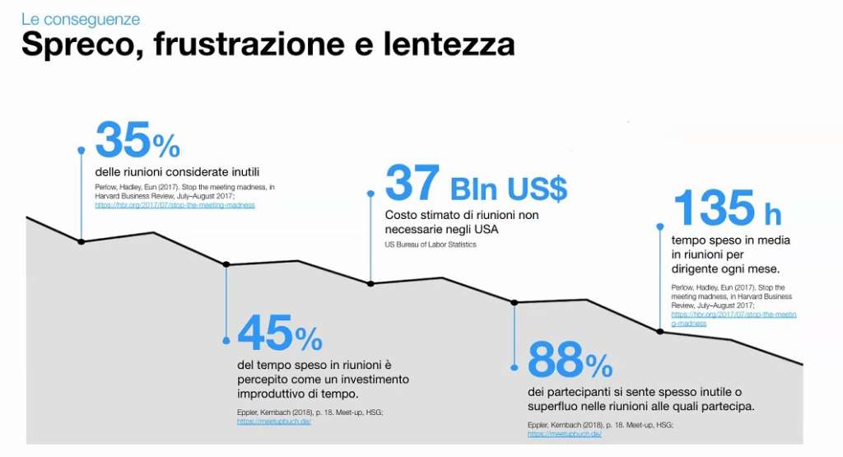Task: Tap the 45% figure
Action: pyautogui.click(x=280, y=335)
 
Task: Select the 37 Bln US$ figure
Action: pyautogui.click(x=476, y=184)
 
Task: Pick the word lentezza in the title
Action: pyautogui.click(x=449, y=44)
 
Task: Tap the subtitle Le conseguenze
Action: pyautogui.click(x=81, y=19)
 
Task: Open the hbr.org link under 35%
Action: pyautogui.click(x=175, y=205)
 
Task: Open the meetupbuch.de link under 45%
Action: pyautogui.click(x=274, y=421)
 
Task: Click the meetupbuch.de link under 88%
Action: pyautogui.click(x=565, y=433)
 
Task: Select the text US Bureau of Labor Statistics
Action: pyautogui.click(x=431, y=245)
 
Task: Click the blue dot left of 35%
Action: pyautogui.click(x=81, y=150)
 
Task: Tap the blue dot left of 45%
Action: pyautogui.click(x=226, y=340)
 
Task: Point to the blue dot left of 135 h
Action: pyautogui.click(x=659, y=226)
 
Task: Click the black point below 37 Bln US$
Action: pyautogui.click(x=370, y=283)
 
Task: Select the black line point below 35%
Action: pyautogui.click(x=81, y=241)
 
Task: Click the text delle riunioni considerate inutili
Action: pyautogui.click(x=177, y=172)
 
